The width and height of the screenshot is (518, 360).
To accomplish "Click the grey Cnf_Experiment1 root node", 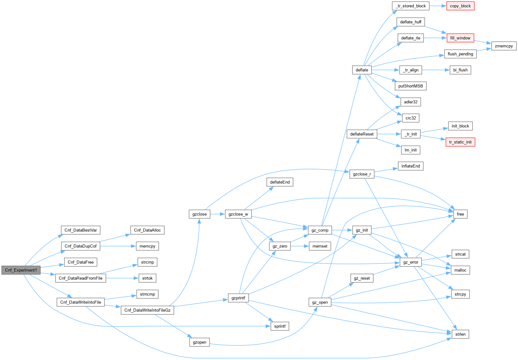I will [x=21, y=270].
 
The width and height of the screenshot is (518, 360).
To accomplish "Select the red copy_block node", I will [x=460, y=6].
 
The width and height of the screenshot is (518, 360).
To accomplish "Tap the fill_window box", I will [x=460, y=38].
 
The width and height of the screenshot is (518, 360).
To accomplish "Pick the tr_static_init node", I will [x=460, y=142].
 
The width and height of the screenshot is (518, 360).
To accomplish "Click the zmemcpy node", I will [x=504, y=46].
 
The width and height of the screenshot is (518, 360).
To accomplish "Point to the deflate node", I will [x=362, y=70].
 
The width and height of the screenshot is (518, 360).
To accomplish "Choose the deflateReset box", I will [x=362, y=134].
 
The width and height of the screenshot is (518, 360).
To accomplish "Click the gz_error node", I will [x=411, y=262].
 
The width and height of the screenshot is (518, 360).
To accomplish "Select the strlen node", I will [x=460, y=334].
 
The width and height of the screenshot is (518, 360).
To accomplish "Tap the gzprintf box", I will [x=238, y=298].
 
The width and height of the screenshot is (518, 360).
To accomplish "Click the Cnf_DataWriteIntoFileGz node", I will [x=147, y=310].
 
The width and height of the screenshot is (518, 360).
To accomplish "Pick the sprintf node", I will [x=280, y=326].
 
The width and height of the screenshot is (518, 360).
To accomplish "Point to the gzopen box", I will [x=199, y=342].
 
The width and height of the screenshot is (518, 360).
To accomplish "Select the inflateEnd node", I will [x=411, y=166].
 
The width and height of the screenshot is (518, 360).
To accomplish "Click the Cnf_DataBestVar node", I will [x=81, y=230].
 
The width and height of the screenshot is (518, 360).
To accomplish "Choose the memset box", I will [x=320, y=246].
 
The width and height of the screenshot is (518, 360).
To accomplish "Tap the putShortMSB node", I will [x=411, y=86].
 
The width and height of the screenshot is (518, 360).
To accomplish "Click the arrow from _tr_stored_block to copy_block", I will [x=438, y=6].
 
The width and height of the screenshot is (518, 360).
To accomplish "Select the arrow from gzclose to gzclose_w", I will [x=217, y=214].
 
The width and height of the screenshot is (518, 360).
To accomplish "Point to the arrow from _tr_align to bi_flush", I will [x=436, y=70].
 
